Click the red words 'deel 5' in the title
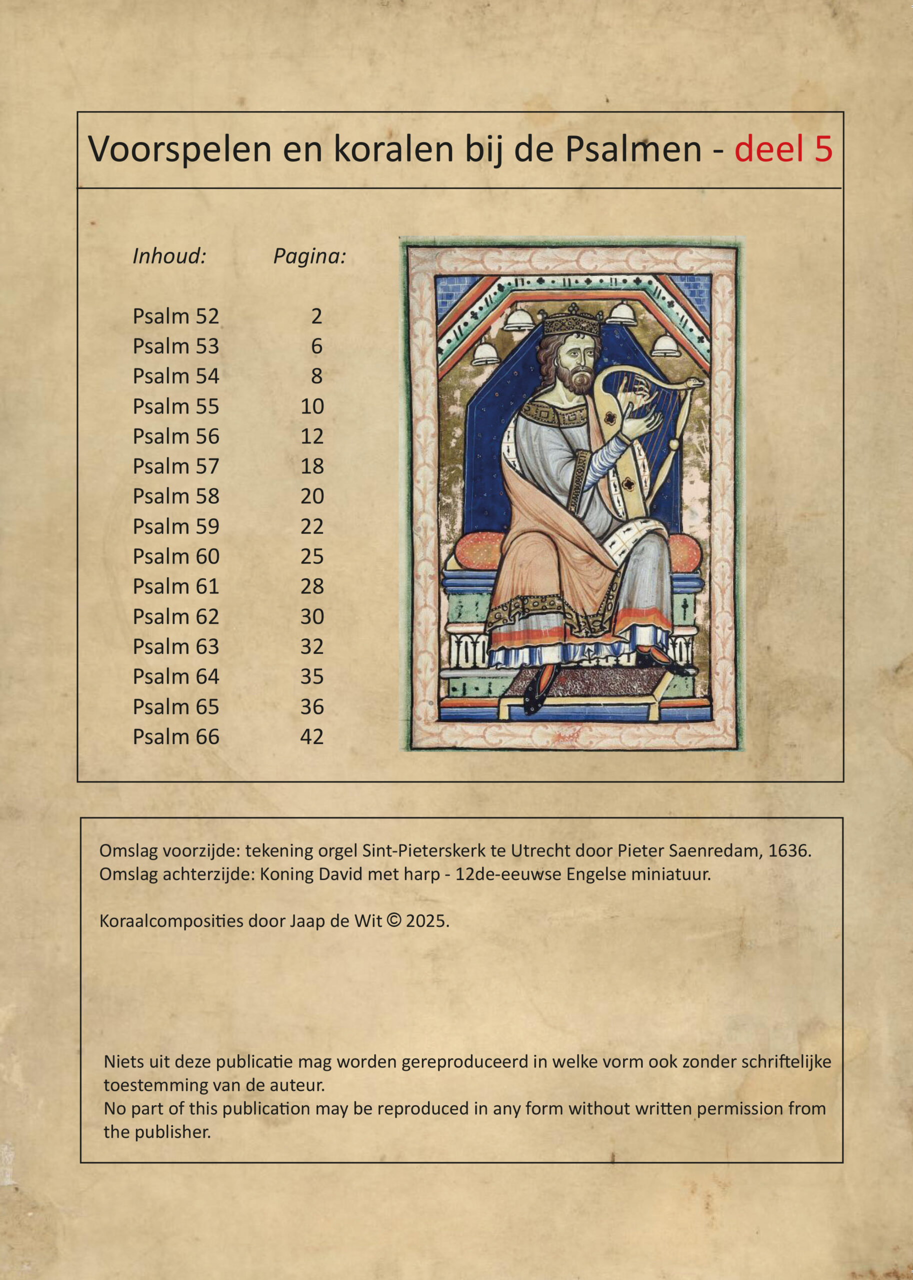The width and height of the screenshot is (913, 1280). pyautogui.click(x=783, y=149)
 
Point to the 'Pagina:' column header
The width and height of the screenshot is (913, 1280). pyautogui.click(x=309, y=256)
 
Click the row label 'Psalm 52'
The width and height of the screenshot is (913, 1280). pyautogui.click(x=175, y=316)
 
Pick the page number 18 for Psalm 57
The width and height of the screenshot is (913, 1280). pyautogui.click(x=312, y=466)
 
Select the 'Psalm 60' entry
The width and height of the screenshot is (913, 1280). pyautogui.click(x=175, y=556)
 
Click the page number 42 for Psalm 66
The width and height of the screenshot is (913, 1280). pyautogui.click(x=312, y=737)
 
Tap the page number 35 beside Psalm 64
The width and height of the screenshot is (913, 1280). pyautogui.click(x=312, y=677)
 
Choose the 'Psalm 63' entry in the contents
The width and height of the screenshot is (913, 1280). pyautogui.click(x=175, y=647)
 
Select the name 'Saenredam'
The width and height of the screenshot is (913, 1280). pyautogui.click(x=713, y=850)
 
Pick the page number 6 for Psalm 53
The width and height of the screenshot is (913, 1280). pyautogui.click(x=316, y=346)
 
